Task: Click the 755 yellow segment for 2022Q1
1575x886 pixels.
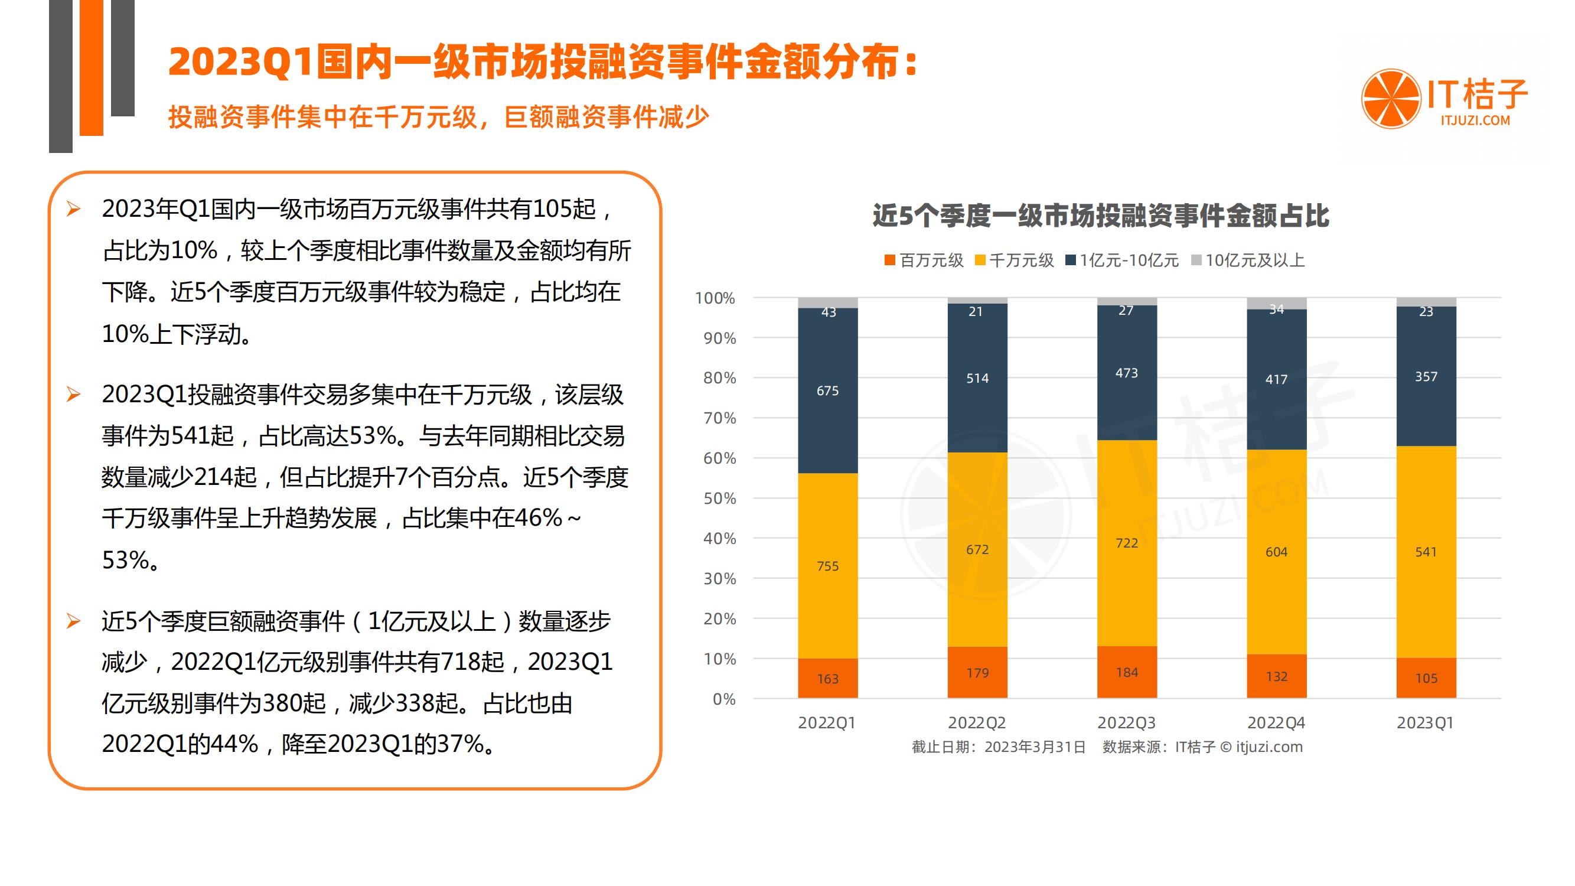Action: pos(827,566)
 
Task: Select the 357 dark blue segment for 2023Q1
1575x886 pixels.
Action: pos(1426,377)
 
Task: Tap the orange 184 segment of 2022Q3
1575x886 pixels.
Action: pos(1127,672)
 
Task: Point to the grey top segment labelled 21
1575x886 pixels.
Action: pos(977,300)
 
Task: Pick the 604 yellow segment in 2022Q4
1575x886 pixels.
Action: pos(1276,552)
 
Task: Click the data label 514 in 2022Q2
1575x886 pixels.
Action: pos(977,379)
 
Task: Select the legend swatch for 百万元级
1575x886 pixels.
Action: pos(889,260)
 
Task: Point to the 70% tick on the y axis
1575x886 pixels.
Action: pos(719,418)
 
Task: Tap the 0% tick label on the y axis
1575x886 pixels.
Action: pos(724,699)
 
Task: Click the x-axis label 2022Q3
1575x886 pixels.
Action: pos(1126,723)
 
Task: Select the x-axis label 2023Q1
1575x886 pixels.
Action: pos(1425,723)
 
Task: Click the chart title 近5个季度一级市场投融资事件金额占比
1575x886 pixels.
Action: pos(1100,216)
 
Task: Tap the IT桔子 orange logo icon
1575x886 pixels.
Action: pos(1390,99)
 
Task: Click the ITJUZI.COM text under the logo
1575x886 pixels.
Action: pos(1475,120)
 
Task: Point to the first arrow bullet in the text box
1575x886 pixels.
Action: pos(73,210)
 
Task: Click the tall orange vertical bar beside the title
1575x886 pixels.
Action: pos(91,67)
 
